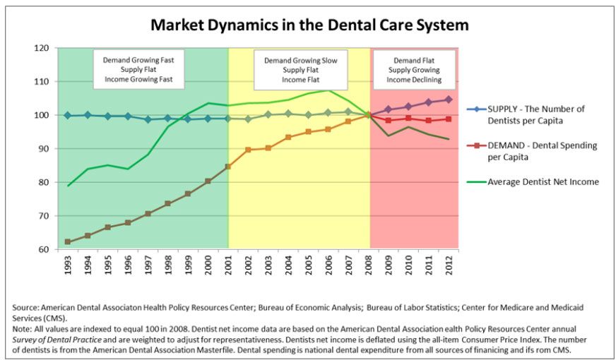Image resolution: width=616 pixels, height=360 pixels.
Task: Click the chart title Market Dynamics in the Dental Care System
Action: pos(309,25)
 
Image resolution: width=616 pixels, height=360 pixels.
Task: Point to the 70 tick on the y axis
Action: pos(43,215)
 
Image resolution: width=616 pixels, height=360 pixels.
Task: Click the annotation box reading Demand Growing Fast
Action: pos(138,71)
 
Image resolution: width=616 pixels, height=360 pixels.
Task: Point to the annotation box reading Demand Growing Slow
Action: pos(300,71)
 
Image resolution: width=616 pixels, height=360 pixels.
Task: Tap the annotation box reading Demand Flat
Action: pos(415,71)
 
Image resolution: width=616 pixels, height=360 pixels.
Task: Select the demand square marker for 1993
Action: pos(68,242)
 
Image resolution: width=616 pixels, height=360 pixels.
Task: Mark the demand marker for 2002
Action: pos(248,150)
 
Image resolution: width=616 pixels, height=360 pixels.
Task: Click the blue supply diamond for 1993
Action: pos(68,115)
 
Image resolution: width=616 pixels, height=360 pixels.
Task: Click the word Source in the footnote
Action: pos(25,308)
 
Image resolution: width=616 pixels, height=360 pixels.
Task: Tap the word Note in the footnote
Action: pos(22,329)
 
